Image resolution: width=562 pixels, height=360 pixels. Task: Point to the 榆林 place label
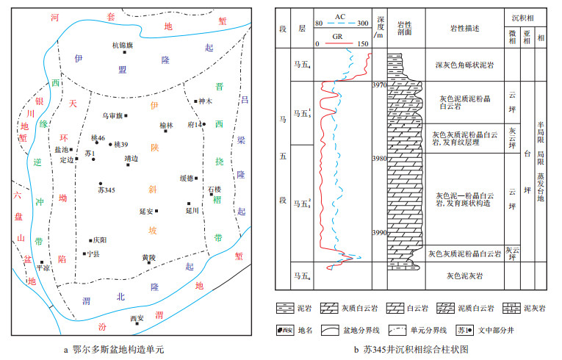pos(167,126)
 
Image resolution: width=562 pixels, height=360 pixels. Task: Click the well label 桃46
pos(98,137)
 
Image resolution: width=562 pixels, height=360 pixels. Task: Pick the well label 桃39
pos(121,144)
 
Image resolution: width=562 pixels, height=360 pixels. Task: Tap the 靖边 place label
pos(132,158)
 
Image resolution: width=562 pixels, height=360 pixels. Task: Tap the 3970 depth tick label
pos(379,86)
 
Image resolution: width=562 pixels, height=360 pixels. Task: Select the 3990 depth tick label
pos(379,234)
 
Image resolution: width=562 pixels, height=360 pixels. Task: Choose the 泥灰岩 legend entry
pos(540,307)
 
